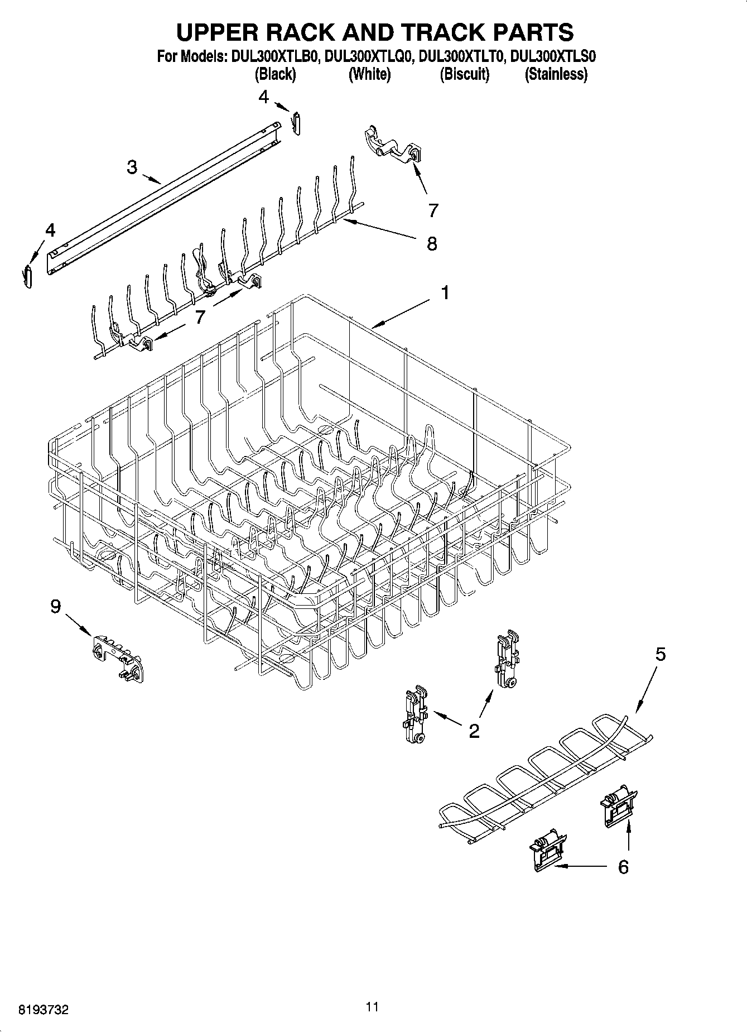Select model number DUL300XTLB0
pyautogui.click(x=274, y=56)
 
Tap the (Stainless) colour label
pyautogui.click(x=556, y=74)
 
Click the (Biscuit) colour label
pyautogui.click(x=464, y=74)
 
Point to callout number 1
pyautogui.click(x=445, y=292)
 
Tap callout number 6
pyautogui.click(x=623, y=867)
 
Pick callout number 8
pyautogui.click(x=432, y=243)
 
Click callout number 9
pyautogui.click(x=55, y=607)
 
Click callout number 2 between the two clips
pyautogui.click(x=474, y=731)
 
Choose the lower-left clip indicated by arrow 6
pyautogui.click(x=547, y=848)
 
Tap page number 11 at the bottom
pyautogui.click(x=372, y=1007)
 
